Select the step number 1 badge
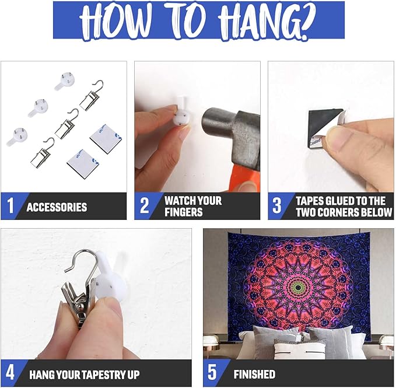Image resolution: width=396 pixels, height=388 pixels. pyautogui.click(x=10, y=205)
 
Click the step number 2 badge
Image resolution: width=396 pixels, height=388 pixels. pyautogui.click(x=144, y=205)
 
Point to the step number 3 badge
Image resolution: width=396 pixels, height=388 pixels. pyautogui.click(x=277, y=205)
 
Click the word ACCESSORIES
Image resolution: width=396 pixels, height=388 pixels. pyautogui.click(x=57, y=207)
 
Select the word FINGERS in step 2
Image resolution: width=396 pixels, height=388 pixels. pyautogui.click(x=183, y=212)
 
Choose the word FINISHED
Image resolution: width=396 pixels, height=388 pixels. pyautogui.click(x=254, y=375)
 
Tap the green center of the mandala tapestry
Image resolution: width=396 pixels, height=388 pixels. pyautogui.click(x=299, y=287)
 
